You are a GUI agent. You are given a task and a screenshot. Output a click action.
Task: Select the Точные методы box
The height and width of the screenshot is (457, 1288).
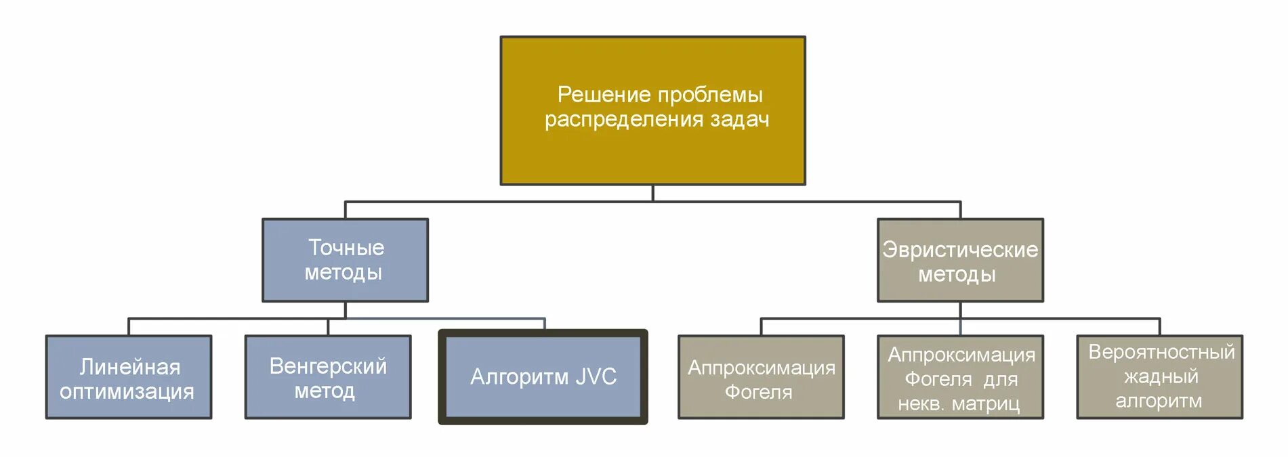pyautogui.click(x=345, y=260)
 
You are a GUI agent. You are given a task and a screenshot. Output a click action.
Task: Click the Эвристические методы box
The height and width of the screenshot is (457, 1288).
pyautogui.click(x=959, y=260)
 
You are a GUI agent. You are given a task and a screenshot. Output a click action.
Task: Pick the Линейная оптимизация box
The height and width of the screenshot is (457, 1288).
pyautogui.click(x=129, y=377)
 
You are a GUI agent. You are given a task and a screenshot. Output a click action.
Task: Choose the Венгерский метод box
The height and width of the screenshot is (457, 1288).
pyautogui.click(x=328, y=377)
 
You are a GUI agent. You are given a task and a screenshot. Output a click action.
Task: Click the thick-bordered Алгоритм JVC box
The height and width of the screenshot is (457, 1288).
pyautogui.click(x=543, y=377)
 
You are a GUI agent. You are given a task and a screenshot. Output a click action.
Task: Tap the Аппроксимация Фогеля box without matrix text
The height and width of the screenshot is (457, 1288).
pyautogui.click(x=761, y=377)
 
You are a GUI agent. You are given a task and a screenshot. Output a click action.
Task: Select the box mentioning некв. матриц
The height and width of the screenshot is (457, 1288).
pyautogui.click(x=959, y=377)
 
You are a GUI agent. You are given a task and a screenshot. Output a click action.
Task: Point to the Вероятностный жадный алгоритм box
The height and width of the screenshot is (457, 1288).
pyautogui.click(x=1159, y=377)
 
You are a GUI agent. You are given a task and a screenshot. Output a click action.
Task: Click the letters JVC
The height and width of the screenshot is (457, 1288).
pyautogui.click(x=596, y=376)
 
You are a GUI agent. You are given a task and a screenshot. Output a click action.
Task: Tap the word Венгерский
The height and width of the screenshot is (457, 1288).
pyautogui.click(x=328, y=366)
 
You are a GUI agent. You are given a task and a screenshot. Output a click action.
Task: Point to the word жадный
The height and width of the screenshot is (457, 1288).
pyautogui.click(x=1161, y=376)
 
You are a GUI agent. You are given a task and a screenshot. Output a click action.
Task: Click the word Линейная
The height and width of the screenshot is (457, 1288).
pyautogui.click(x=130, y=367)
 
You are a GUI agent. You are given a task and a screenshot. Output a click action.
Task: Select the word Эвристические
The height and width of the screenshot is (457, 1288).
pyautogui.click(x=959, y=250)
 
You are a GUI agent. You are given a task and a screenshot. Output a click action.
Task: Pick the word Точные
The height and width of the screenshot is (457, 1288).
pyautogui.click(x=346, y=248)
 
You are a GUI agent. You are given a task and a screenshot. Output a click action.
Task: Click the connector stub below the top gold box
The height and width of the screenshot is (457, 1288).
pyautogui.click(x=652, y=193)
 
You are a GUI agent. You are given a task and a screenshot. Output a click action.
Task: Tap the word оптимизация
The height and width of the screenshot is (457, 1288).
pyautogui.click(x=127, y=391)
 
